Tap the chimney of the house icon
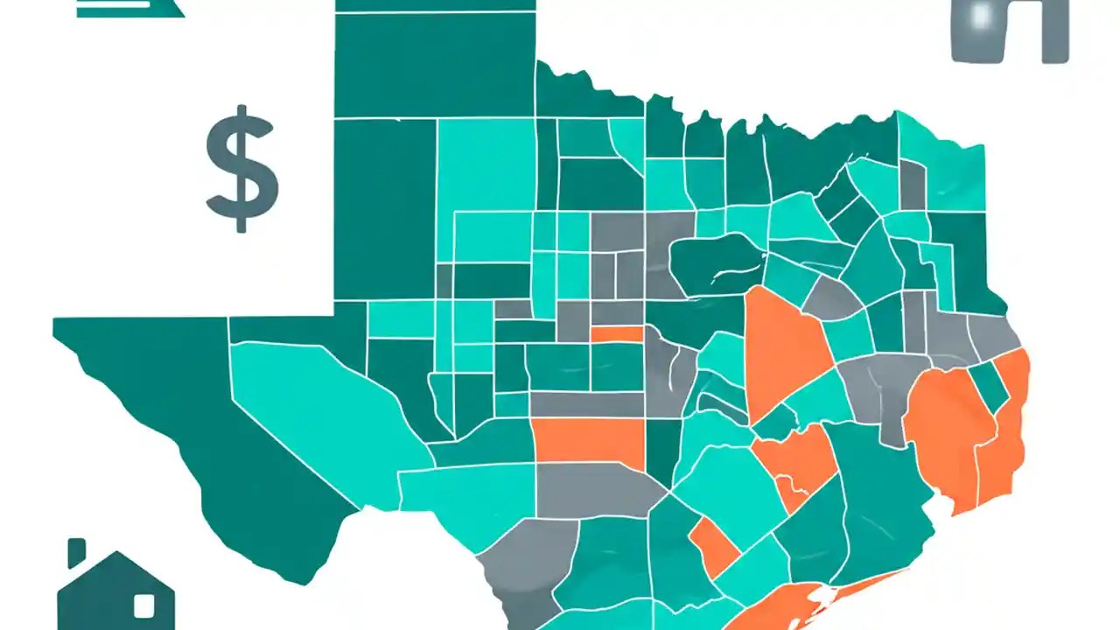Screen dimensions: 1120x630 coord(77,553)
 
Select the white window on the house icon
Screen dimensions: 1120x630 coord(143,605)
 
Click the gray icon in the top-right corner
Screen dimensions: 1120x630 coord(1009,31)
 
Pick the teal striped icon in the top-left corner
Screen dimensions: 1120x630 coord(129,8)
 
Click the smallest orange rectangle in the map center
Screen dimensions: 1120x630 coord(616,333)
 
